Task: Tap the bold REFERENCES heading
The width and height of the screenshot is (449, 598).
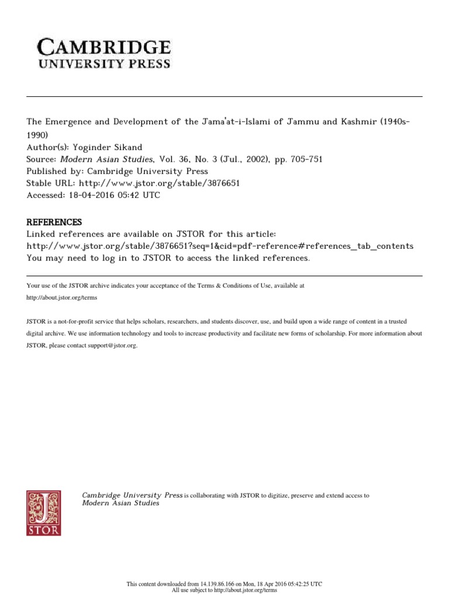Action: click(54, 222)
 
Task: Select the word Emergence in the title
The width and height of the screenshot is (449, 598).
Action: click(70, 121)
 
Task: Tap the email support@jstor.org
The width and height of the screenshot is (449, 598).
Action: click(113, 346)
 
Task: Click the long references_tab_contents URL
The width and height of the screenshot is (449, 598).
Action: click(220, 246)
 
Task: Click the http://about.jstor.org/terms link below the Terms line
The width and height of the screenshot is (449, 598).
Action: click(61, 297)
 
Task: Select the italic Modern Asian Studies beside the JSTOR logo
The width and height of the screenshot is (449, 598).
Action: click(120, 503)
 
